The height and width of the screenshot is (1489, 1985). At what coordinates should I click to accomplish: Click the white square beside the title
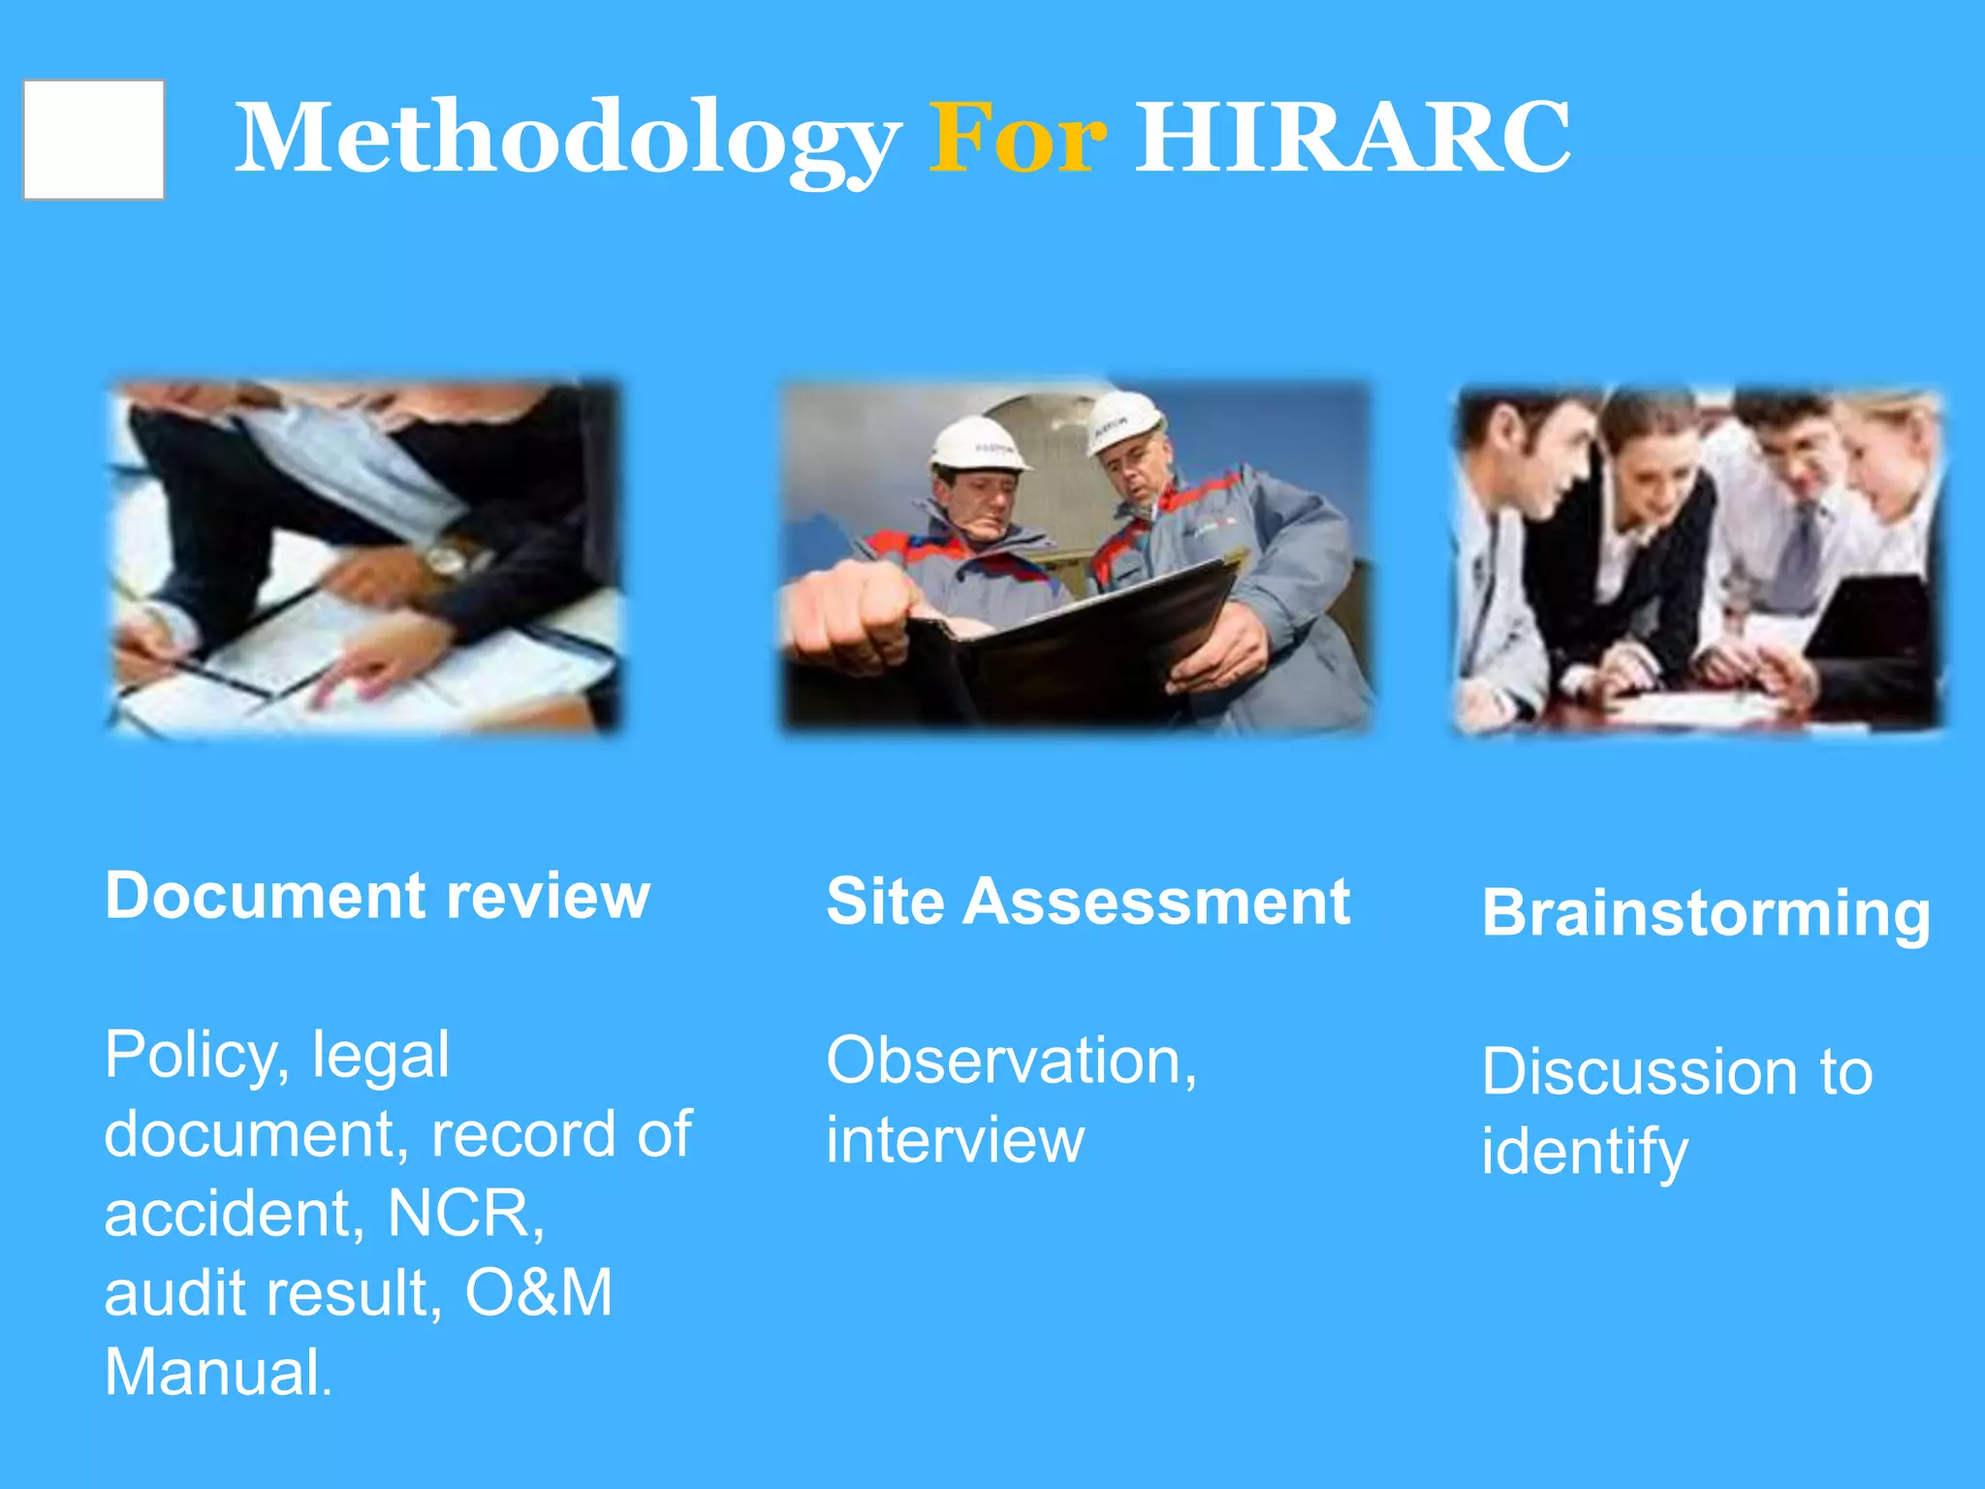click(x=94, y=140)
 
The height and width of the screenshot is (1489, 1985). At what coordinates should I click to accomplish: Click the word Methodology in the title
click(x=567, y=140)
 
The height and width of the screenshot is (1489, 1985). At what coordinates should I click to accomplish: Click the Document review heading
click(x=377, y=896)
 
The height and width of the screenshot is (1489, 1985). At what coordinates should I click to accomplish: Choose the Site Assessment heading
click(x=1087, y=902)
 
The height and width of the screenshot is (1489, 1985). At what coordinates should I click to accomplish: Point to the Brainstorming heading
click(x=1706, y=914)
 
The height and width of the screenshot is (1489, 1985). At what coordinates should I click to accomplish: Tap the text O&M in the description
click(x=539, y=1292)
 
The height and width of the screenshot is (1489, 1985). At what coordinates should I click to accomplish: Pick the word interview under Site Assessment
click(x=955, y=1140)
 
